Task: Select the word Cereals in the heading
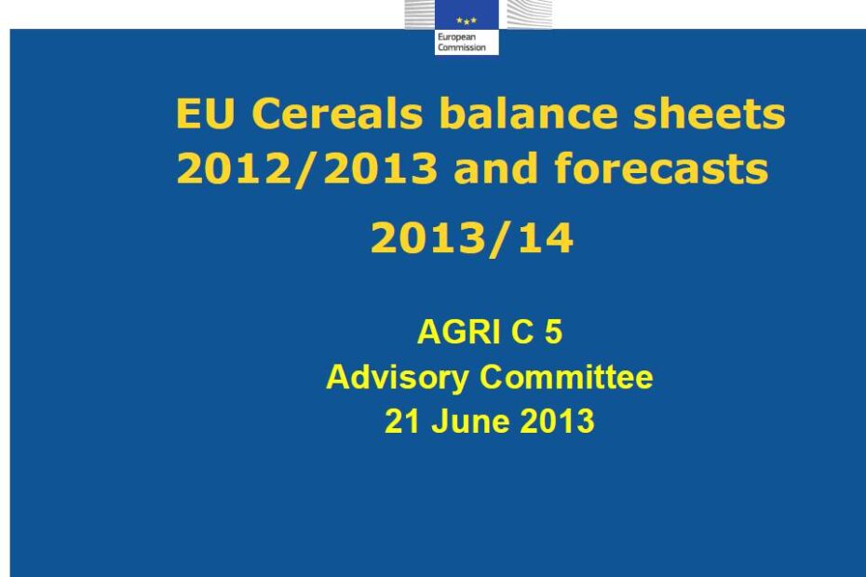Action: click(337, 114)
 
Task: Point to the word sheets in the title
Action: click(710, 114)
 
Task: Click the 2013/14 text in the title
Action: click(472, 238)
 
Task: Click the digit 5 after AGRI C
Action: click(554, 332)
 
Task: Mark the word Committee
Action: click(566, 377)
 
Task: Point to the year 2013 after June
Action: click(557, 422)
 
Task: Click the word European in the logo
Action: click(456, 37)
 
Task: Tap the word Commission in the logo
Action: click(462, 47)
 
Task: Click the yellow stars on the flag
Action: click(467, 21)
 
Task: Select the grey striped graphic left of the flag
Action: click(420, 14)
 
